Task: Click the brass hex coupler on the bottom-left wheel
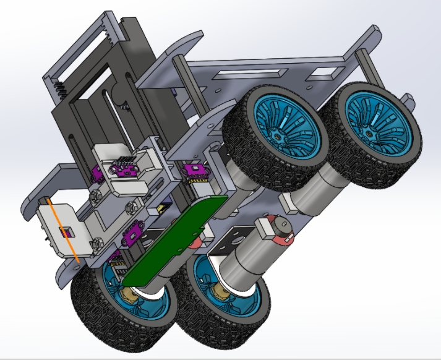(130, 296)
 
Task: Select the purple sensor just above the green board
(193, 170)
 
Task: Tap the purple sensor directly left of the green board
(132, 233)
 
